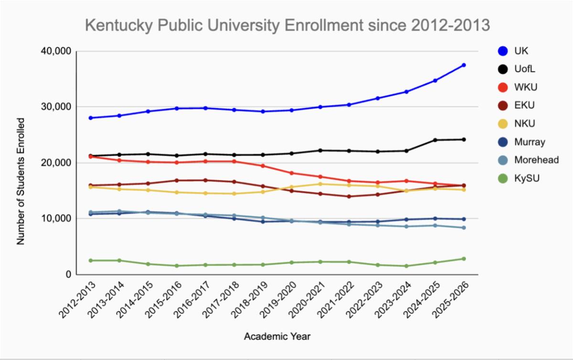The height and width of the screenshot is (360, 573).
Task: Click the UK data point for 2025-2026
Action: pos(464,65)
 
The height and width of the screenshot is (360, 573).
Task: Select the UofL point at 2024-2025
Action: pos(435,140)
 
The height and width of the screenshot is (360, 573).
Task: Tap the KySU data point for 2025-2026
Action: pos(464,259)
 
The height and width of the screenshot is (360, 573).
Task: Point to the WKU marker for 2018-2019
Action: pos(263,166)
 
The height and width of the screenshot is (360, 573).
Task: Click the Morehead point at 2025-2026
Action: pos(464,228)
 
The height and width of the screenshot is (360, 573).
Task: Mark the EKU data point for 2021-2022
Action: pos(349,196)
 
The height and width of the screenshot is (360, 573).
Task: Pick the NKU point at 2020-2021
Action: pos(320,184)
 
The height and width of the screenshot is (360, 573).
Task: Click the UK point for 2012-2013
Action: pos(90,118)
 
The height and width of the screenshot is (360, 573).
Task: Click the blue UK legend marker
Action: pos(502,51)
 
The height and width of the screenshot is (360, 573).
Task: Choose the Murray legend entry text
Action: pos(530,142)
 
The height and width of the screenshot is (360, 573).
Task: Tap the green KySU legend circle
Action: pos(502,179)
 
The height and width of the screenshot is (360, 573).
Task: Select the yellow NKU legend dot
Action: pos(502,124)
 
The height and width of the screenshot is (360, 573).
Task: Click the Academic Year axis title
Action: pos(277,337)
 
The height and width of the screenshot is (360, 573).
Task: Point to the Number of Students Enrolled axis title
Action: pos(21,181)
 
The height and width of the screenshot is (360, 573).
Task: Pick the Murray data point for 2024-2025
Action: pos(435,219)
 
